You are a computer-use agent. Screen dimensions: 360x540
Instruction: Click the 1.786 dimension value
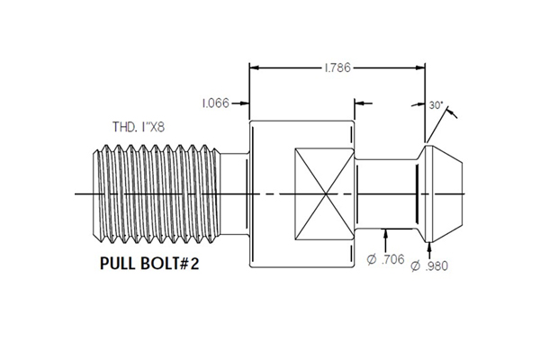336,67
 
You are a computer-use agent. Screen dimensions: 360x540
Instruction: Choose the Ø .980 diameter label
430,266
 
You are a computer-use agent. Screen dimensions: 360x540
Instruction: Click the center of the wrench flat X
324,192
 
